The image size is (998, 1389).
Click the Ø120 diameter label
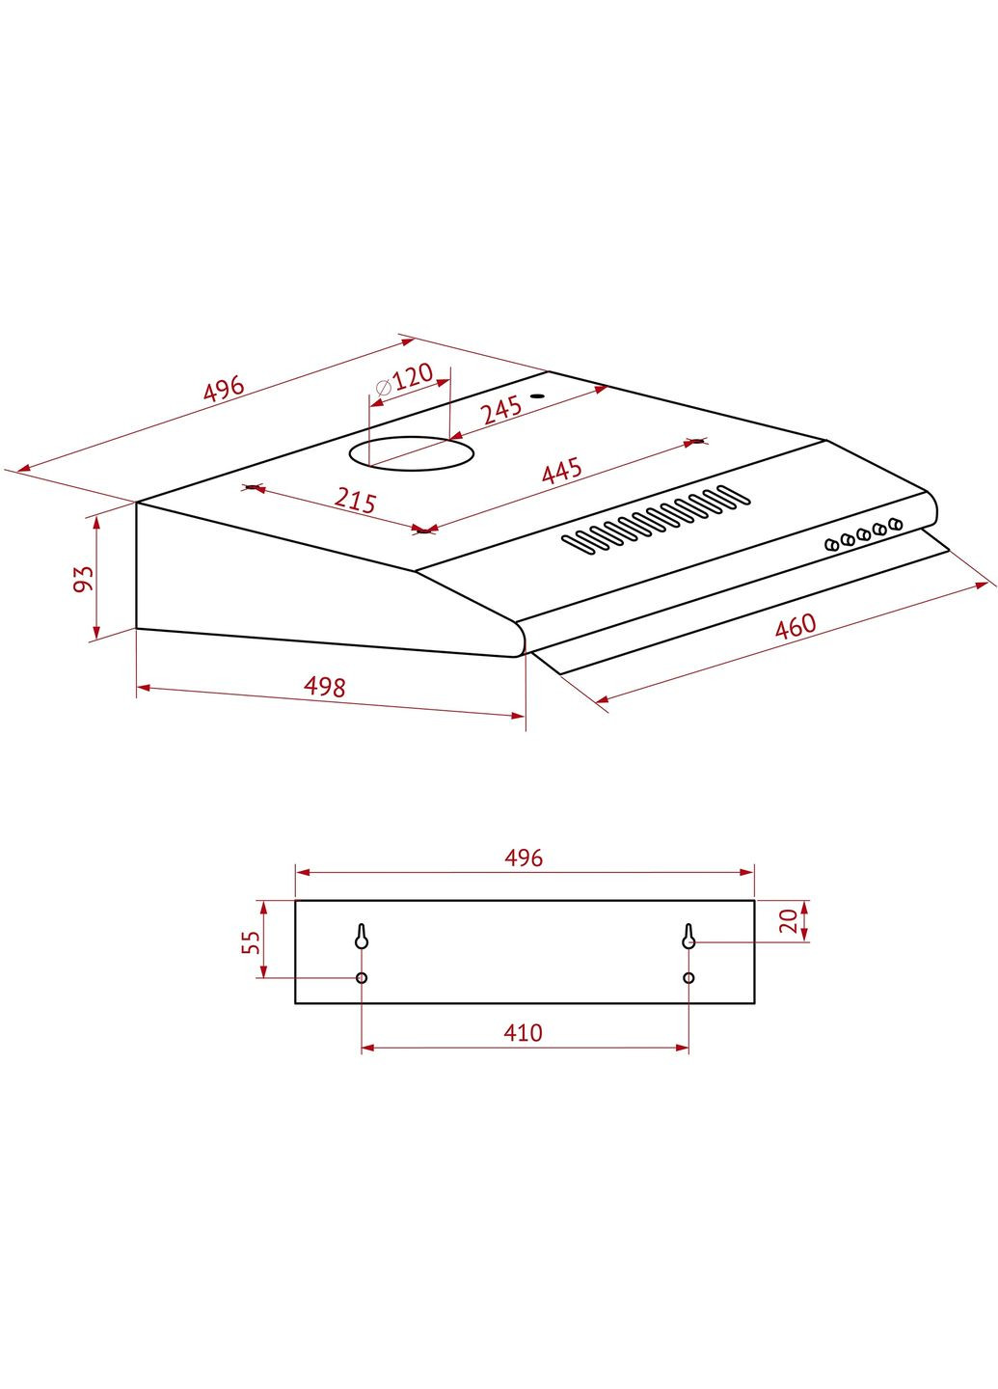(403, 378)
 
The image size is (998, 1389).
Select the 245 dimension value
(501, 409)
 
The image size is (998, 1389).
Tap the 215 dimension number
(355, 500)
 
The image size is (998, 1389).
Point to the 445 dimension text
(561, 472)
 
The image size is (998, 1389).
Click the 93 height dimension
(84, 578)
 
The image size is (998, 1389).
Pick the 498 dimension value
(324, 686)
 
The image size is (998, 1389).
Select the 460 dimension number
(796, 626)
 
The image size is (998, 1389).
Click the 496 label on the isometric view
(224, 388)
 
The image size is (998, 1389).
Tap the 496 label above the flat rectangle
(524, 858)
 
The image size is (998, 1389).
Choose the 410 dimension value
(523, 1033)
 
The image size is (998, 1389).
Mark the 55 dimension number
(251, 941)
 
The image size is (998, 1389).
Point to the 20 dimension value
(789, 920)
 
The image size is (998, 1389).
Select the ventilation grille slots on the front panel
(656, 520)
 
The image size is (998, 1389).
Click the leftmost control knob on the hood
(831, 545)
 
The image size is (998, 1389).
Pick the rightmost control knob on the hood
(896, 524)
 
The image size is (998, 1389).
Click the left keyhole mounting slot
(362, 937)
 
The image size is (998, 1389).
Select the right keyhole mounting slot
(688, 937)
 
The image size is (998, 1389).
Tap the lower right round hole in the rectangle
(688, 978)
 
